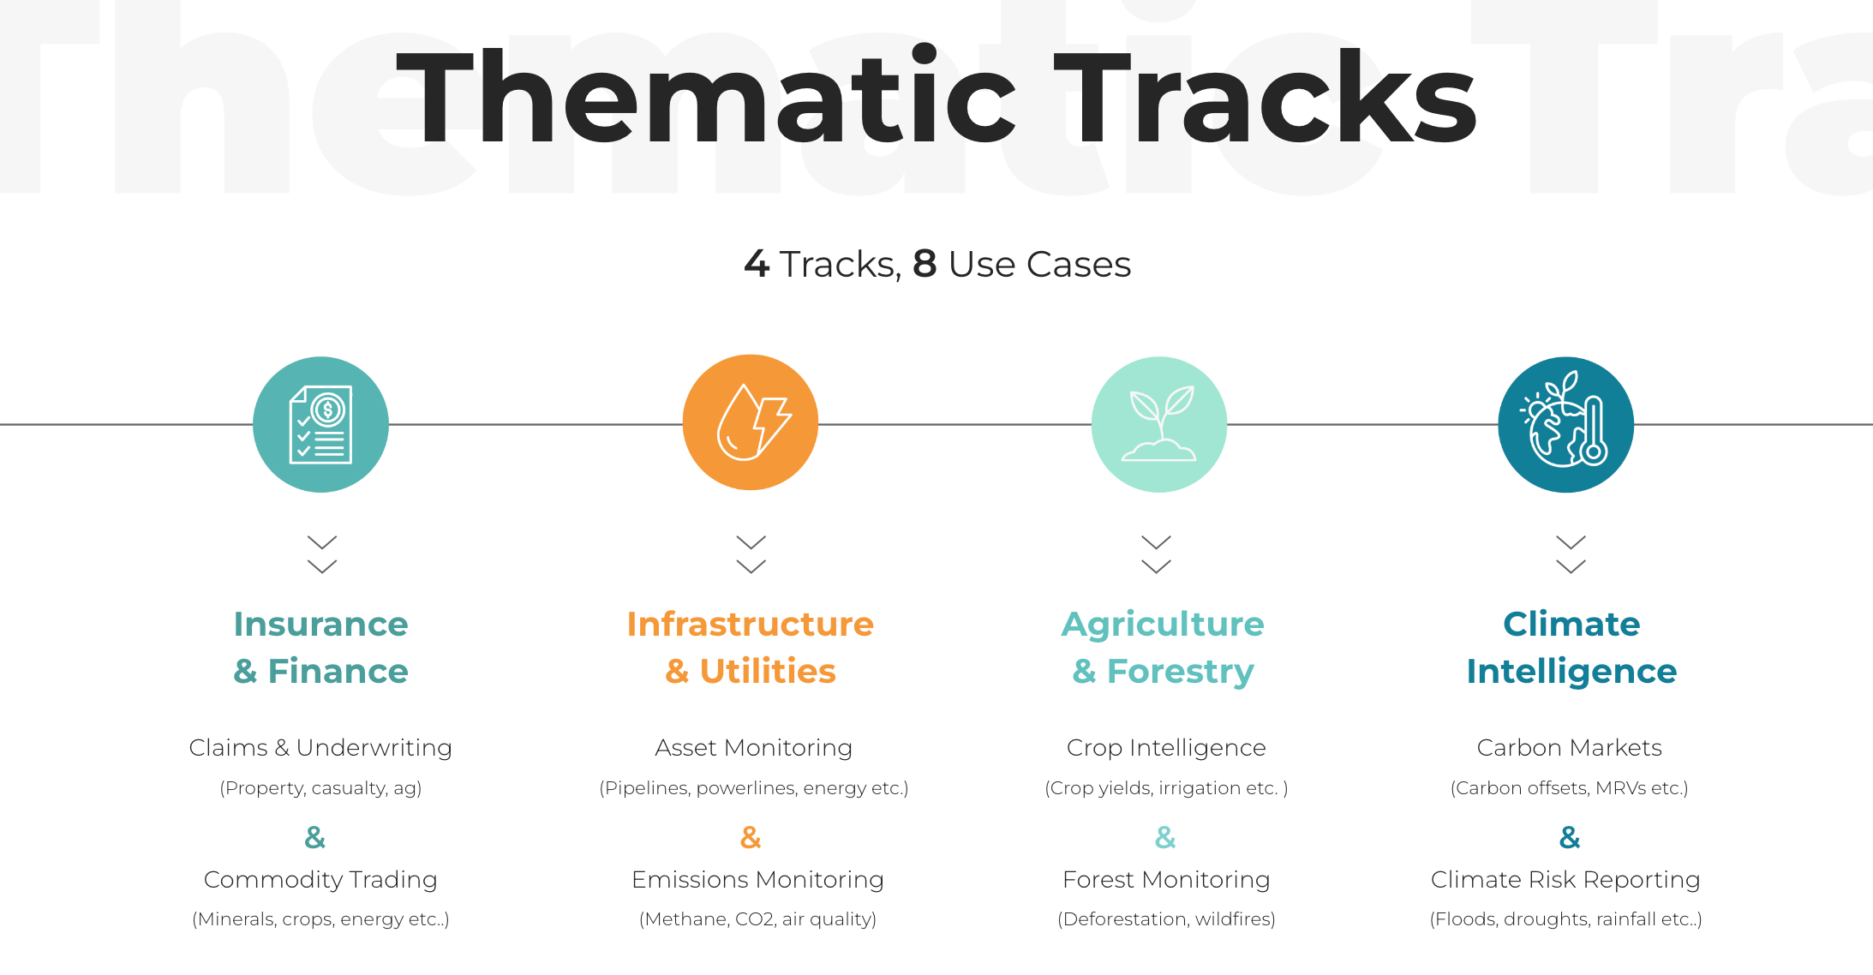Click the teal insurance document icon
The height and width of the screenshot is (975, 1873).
[x=320, y=424]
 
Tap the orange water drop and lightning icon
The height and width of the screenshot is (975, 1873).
[x=751, y=422]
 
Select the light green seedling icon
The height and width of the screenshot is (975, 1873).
[x=1159, y=424]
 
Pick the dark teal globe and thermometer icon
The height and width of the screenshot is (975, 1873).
[x=1566, y=424]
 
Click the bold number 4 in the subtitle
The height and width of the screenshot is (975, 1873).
[x=757, y=264]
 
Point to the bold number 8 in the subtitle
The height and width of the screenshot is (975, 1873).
[x=925, y=264]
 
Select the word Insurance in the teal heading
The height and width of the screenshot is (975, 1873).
[x=321, y=624]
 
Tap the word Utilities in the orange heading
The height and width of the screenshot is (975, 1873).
[x=768, y=671]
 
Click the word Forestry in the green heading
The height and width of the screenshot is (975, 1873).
[x=1181, y=672]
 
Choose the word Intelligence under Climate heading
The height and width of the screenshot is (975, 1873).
[x=1571, y=672]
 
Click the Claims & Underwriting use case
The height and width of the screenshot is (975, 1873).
[x=320, y=748]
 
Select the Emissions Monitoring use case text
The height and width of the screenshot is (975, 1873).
[x=757, y=880]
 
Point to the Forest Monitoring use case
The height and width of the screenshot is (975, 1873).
[x=1166, y=880]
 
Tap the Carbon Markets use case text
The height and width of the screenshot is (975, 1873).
[x=1570, y=748]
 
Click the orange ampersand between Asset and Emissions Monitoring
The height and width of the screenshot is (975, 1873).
[x=751, y=837]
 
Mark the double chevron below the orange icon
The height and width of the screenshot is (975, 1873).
[x=751, y=554]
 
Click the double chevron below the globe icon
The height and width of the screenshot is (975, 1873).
[x=1571, y=554]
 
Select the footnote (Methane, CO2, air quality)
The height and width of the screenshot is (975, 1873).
[x=757, y=919]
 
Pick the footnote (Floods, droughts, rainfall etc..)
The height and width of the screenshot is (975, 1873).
[x=1565, y=919]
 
